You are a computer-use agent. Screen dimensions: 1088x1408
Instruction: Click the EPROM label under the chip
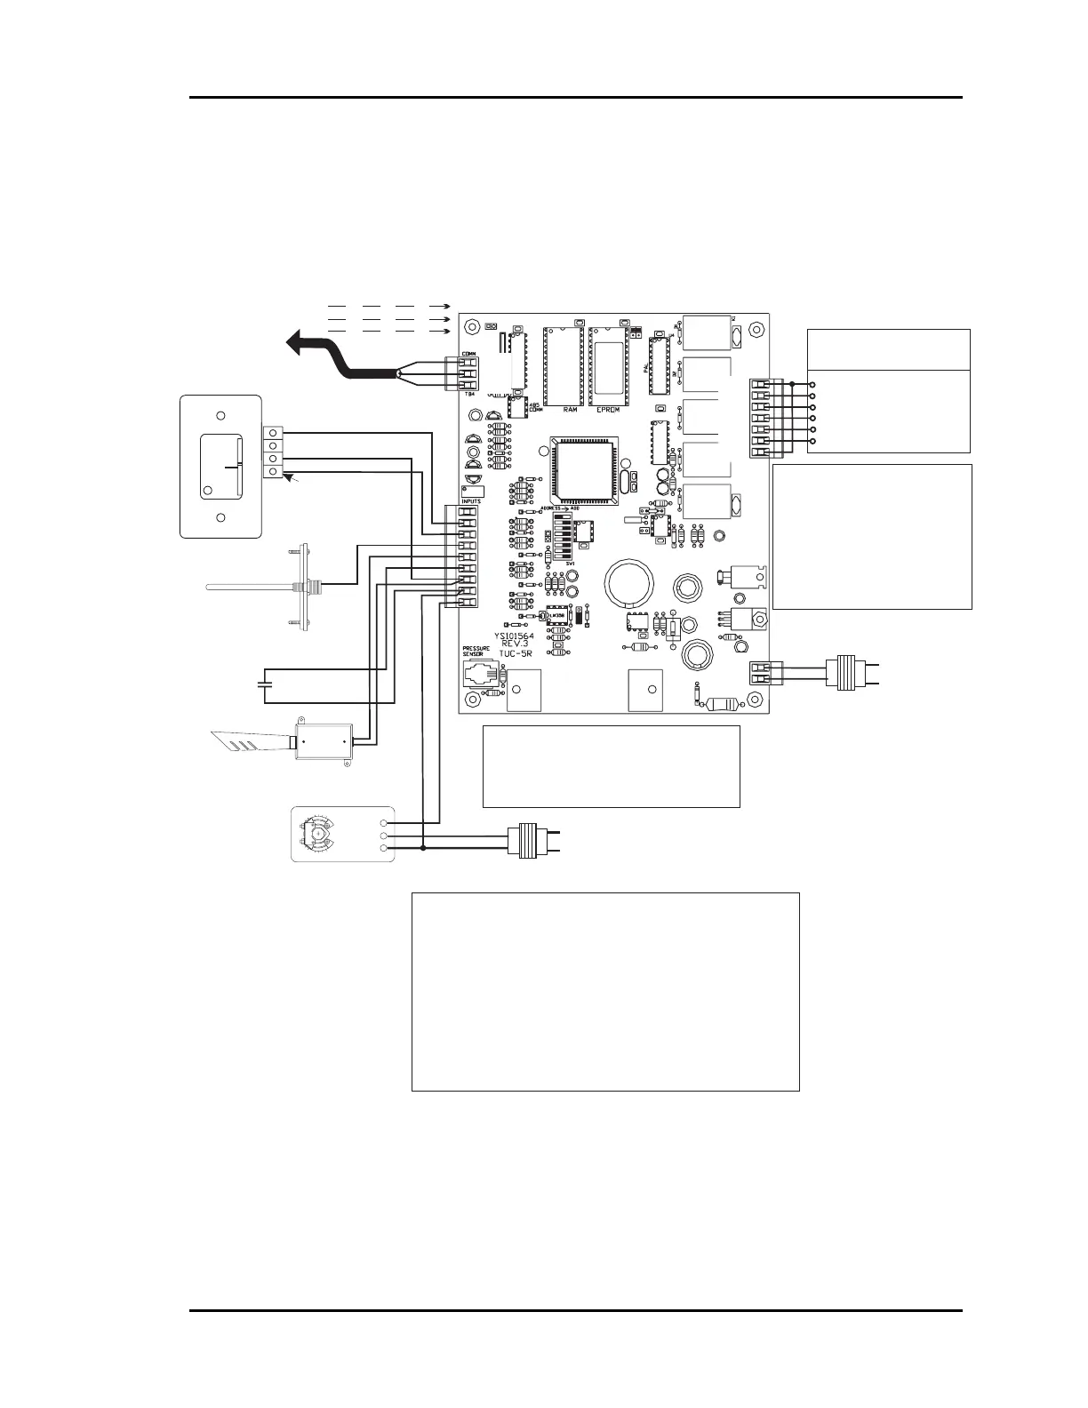(608, 411)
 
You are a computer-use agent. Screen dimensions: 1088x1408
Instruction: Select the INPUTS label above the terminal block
(471, 501)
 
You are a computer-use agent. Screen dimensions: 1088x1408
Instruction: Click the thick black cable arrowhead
(298, 341)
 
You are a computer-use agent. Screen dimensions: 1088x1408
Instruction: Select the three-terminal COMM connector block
(468, 373)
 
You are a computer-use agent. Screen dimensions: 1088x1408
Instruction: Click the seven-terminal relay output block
(761, 417)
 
